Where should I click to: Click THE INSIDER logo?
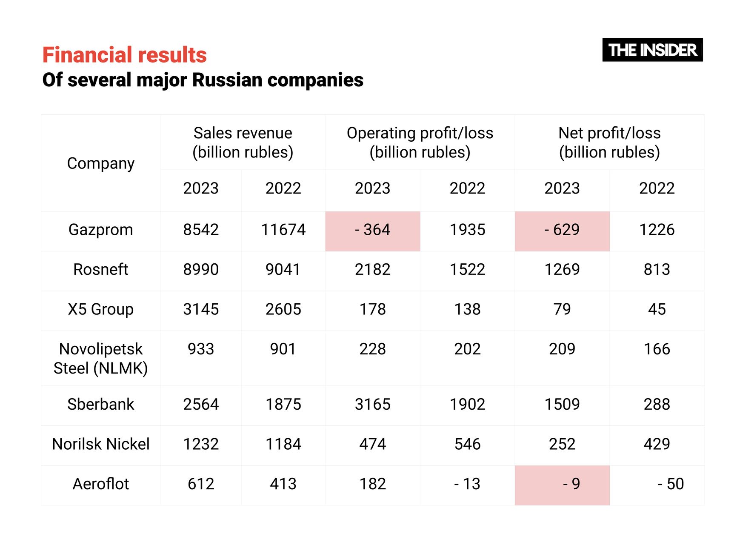[x=652, y=50]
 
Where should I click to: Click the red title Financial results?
[x=124, y=55]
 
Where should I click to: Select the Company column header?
[x=101, y=163]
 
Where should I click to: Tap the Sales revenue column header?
[x=243, y=143]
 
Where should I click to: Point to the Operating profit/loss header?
[x=420, y=143]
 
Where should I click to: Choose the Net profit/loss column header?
[x=609, y=143]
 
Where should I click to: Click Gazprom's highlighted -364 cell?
[x=373, y=230]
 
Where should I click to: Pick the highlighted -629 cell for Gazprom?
[x=562, y=230]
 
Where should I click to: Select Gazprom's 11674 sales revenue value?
[x=283, y=230]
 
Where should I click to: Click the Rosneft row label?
[x=101, y=270]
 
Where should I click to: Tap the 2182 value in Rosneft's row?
[x=373, y=270]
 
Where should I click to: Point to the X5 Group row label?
[x=101, y=309]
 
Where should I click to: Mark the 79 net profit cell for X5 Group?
[x=562, y=309]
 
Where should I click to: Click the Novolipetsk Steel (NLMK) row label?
[x=101, y=359]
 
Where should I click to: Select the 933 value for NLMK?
[x=201, y=349]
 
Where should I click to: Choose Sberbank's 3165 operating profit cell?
[x=373, y=405]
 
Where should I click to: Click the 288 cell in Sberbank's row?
[x=657, y=405]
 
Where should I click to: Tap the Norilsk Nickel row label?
[x=101, y=445]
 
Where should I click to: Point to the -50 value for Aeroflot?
[x=670, y=484]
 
